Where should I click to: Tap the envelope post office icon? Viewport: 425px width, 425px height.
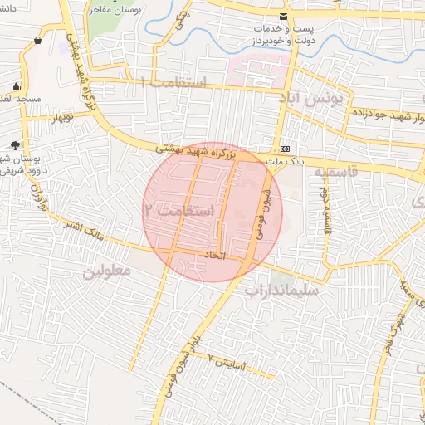tap(285, 17)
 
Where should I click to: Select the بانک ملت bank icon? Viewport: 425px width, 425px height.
tap(286, 139)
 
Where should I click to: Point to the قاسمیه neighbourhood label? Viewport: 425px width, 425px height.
tap(335, 172)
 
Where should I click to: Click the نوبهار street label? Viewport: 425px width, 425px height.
tap(64, 117)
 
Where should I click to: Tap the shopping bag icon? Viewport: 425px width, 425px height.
tap(38, 40)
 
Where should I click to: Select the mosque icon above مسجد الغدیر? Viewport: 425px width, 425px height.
tap(16, 87)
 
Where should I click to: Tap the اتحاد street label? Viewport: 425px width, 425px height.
tap(214, 254)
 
